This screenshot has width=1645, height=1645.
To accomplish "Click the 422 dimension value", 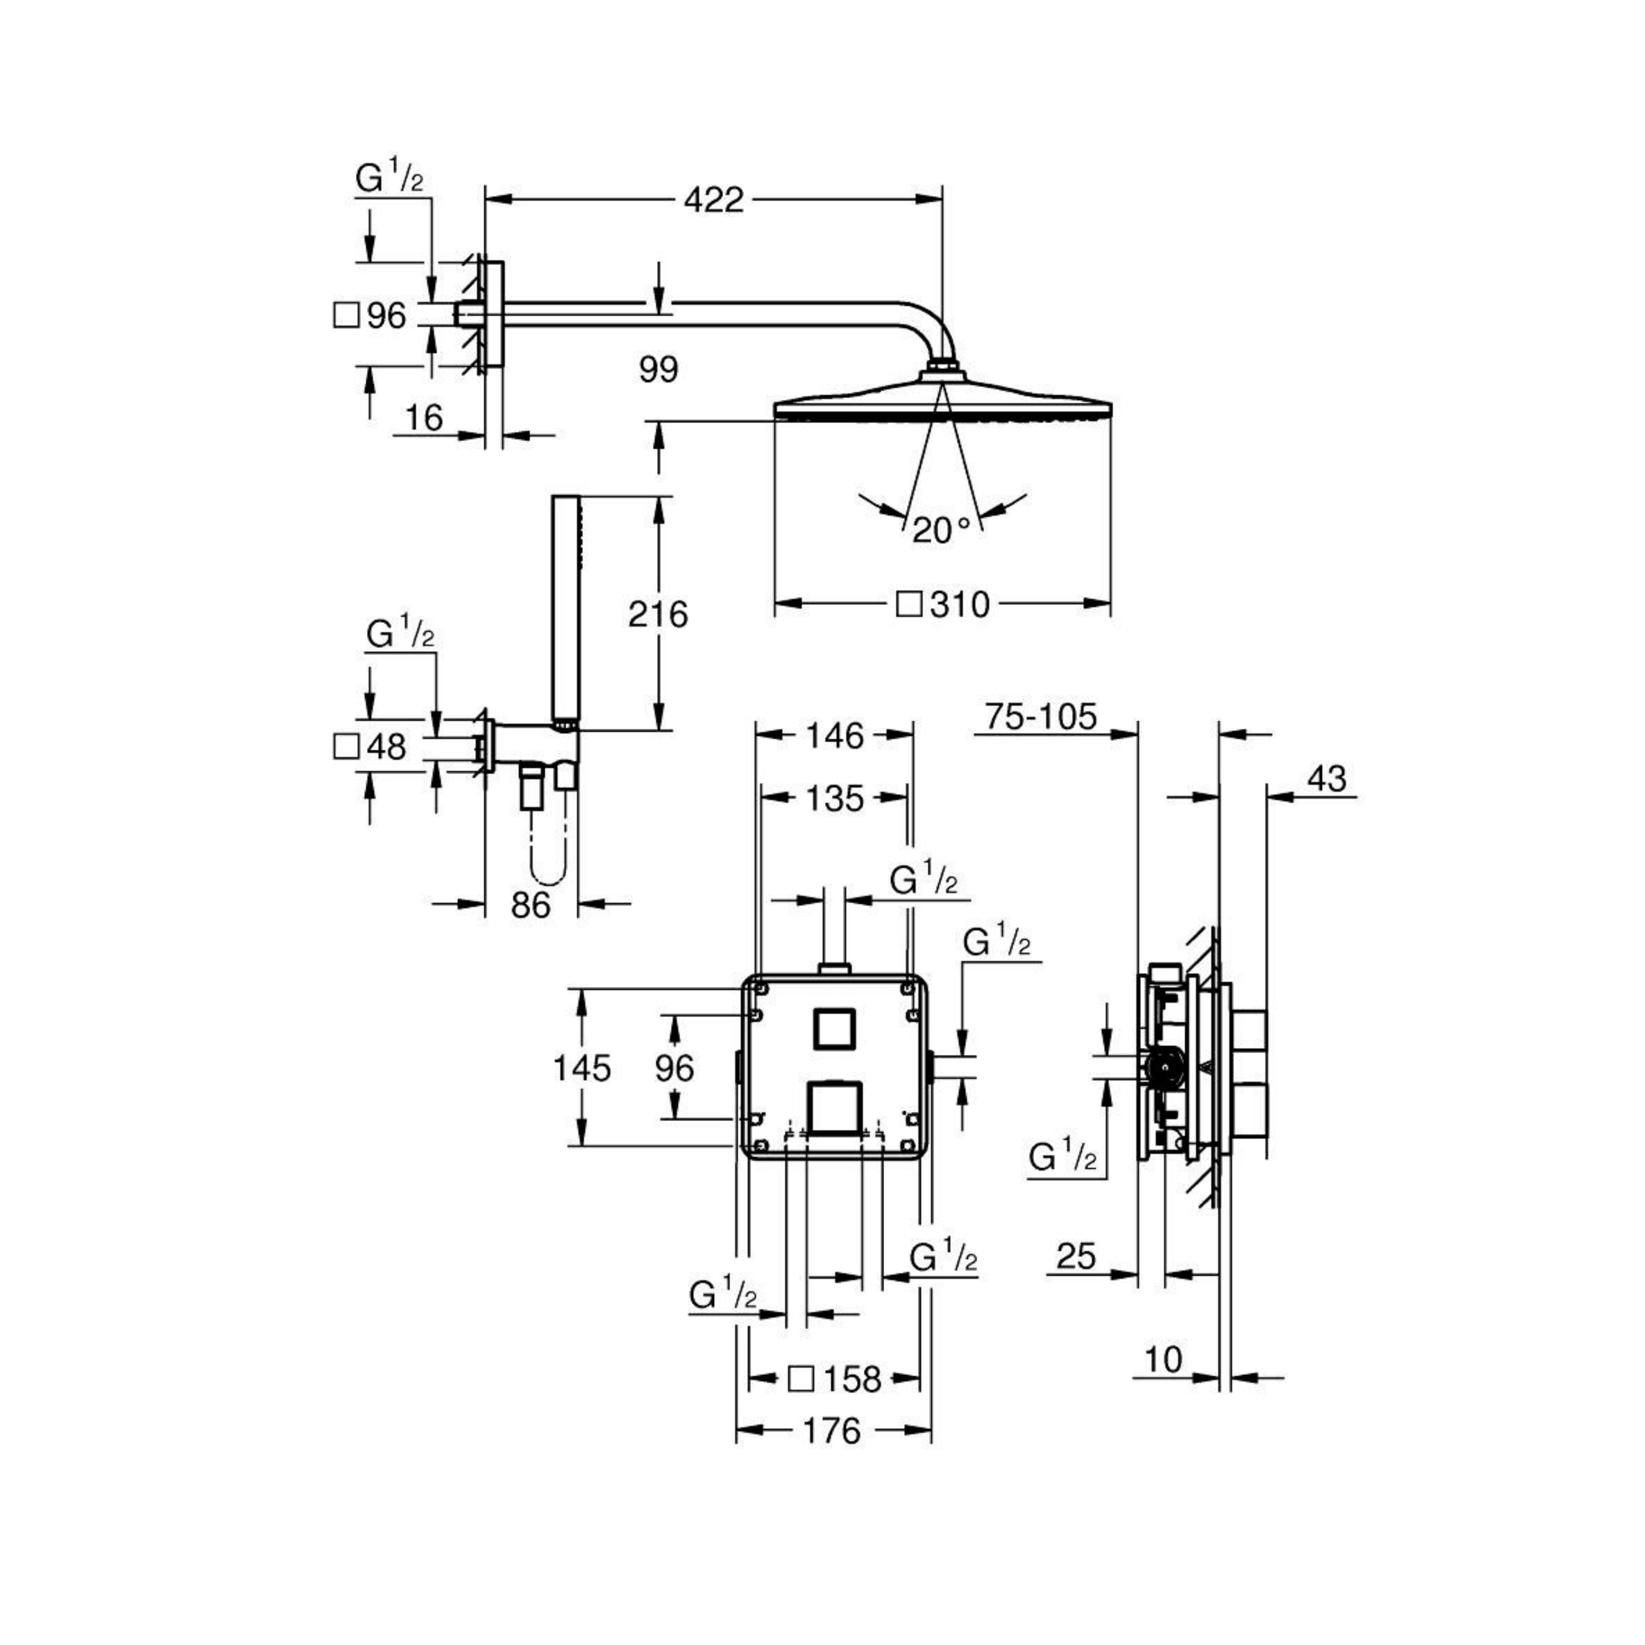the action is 714,200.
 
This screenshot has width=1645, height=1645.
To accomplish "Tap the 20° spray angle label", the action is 941,530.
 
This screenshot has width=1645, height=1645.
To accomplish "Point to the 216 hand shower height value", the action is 658,614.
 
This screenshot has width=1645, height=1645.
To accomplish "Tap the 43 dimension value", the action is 1327,778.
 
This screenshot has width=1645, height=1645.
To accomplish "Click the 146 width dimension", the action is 835,735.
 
